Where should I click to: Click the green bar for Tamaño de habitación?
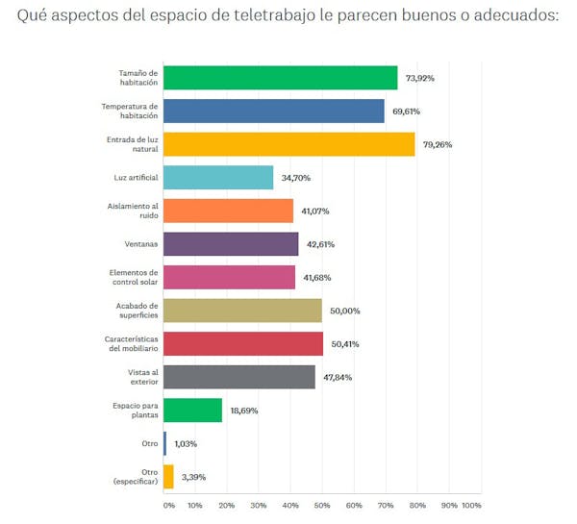coord(281,78)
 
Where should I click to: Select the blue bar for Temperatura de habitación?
coord(274,112)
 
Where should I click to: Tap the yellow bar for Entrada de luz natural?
coord(288,144)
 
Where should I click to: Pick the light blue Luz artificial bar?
coord(218,178)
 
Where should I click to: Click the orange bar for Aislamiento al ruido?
coord(228,211)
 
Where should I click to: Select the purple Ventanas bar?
coord(231,244)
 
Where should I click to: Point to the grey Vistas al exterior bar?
coord(239,377)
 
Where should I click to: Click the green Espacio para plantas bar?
coord(193,411)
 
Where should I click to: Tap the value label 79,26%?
coord(437,145)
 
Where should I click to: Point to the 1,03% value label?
coord(187,444)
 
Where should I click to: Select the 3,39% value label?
coord(194,477)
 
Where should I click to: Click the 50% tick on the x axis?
coord(322,506)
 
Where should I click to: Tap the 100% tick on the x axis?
coord(470,506)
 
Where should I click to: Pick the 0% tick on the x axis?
coord(169,506)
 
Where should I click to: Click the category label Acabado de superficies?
coord(130,311)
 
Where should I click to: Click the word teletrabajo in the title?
coord(274,17)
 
